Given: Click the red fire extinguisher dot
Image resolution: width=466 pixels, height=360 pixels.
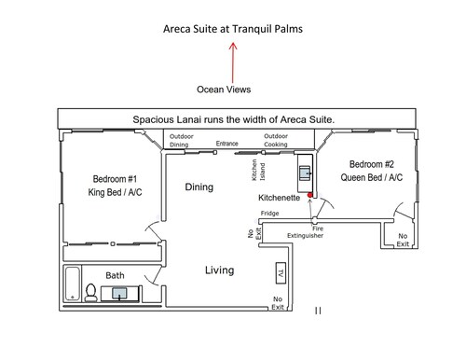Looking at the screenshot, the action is [x=309, y=195].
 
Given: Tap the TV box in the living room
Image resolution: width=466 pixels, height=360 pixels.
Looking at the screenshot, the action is [x=281, y=273].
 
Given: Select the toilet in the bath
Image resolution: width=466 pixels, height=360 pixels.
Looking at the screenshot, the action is [x=91, y=292].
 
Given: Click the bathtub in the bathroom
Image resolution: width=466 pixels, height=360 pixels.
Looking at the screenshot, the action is [x=73, y=284].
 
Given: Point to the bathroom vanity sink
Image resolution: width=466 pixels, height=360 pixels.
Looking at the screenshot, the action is [x=119, y=293].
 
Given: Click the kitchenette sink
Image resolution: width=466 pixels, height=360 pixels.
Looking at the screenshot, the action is [x=305, y=173].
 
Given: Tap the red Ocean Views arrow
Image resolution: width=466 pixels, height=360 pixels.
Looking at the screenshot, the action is [x=233, y=62].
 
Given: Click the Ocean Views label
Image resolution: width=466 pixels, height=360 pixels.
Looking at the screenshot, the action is [x=224, y=90].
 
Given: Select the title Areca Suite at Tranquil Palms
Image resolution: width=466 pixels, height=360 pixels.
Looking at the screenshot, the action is [x=233, y=29].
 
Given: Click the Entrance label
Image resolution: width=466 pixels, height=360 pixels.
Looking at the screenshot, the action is [x=227, y=144].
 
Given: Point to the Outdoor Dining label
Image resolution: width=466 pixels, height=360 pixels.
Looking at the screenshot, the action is [x=182, y=141].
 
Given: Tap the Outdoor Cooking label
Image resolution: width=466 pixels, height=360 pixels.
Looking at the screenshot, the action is [x=276, y=140].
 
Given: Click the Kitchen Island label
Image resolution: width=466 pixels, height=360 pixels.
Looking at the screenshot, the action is [x=258, y=170].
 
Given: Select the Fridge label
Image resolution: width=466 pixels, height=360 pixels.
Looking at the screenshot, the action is [x=269, y=214].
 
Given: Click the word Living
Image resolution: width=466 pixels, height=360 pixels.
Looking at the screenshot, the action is [x=220, y=270].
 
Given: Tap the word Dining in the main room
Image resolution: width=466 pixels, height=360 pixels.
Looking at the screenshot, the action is [x=199, y=187].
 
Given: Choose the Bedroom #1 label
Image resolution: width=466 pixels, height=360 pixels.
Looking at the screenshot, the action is [x=115, y=179].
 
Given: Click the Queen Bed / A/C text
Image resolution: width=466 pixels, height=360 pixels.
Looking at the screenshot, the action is [x=372, y=177].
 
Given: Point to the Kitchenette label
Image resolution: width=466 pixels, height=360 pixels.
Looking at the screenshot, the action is [x=279, y=198].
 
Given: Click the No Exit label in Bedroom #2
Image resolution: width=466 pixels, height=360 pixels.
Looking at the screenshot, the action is [x=403, y=240].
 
